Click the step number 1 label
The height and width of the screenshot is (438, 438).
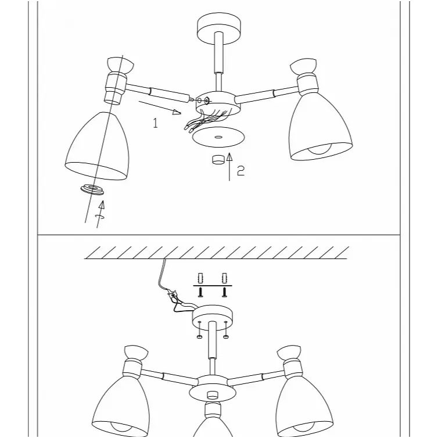[155, 123]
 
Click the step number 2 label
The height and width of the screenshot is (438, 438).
[240, 170]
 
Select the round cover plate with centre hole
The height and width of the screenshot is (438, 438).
[218, 137]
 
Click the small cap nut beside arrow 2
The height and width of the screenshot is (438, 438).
[218, 160]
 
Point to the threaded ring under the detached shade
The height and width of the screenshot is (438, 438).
[92, 190]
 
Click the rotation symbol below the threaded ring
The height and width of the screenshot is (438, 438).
[100, 217]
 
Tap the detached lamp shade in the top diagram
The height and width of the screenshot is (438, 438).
[98, 146]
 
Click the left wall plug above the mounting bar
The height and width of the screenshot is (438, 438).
[200, 278]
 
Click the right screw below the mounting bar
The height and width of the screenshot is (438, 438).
[224, 292]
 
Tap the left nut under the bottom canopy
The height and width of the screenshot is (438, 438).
[200, 337]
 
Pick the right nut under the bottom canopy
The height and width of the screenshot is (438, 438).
[226, 337]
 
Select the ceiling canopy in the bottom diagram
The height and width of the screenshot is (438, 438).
[212, 318]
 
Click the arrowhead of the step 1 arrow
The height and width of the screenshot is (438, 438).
[177, 112]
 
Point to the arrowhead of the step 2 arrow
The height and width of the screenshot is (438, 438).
[229, 157]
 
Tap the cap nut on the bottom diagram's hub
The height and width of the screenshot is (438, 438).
[213, 395]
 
